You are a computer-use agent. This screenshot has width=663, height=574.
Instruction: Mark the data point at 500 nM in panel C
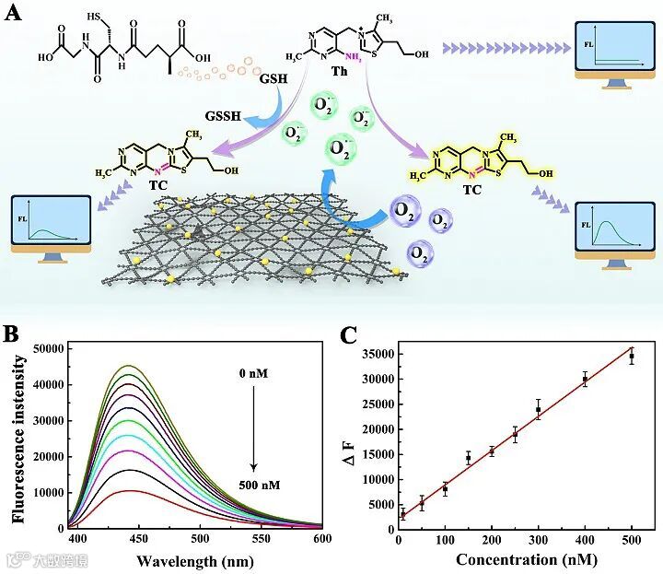pyautogui.click(x=632, y=356)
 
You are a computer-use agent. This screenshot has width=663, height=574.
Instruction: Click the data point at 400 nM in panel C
pyautogui.click(x=585, y=379)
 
